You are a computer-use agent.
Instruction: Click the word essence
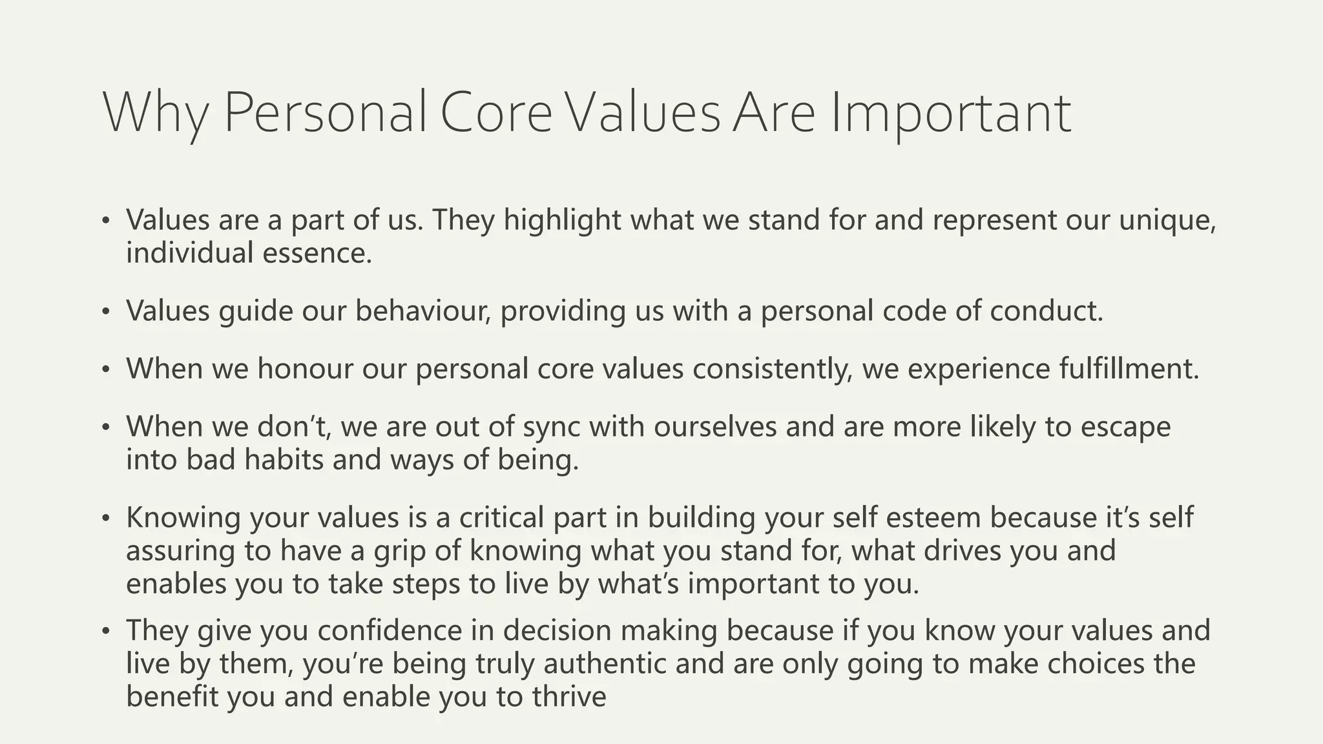(x=317, y=253)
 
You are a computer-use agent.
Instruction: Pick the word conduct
(x=1047, y=311)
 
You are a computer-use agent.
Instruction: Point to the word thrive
(x=569, y=696)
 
